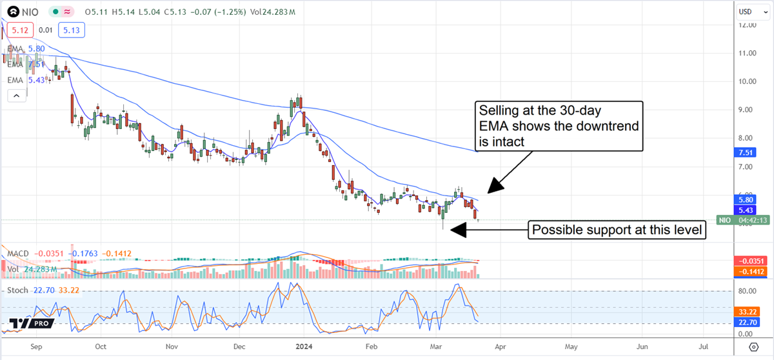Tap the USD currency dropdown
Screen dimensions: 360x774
748,11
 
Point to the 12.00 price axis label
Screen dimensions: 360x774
748,25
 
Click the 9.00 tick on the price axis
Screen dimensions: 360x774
748,110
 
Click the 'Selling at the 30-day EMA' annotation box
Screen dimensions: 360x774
559,126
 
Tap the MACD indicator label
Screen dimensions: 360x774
18,254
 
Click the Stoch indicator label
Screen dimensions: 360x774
18,290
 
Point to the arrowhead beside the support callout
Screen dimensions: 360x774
455,230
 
